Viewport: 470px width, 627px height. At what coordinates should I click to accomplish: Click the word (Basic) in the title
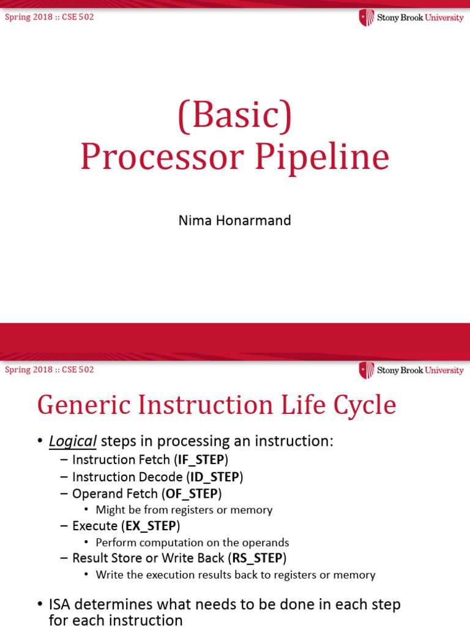click(x=234, y=116)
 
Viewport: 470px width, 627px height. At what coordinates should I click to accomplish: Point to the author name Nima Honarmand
click(x=234, y=220)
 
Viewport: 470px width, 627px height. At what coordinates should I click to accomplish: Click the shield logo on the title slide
click(x=366, y=18)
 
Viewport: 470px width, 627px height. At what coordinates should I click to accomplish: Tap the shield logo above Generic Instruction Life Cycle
click(x=366, y=370)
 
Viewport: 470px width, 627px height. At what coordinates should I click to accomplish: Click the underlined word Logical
click(x=73, y=441)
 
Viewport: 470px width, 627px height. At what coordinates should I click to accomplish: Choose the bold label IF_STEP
click(x=201, y=460)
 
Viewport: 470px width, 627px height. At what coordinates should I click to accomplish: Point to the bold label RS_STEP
click(x=257, y=558)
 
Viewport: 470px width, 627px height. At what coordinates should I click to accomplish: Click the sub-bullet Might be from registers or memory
click(x=184, y=510)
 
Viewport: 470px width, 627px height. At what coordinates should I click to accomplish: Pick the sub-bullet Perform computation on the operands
click(x=192, y=543)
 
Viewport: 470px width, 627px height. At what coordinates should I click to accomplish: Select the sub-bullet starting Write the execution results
click(x=235, y=575)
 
